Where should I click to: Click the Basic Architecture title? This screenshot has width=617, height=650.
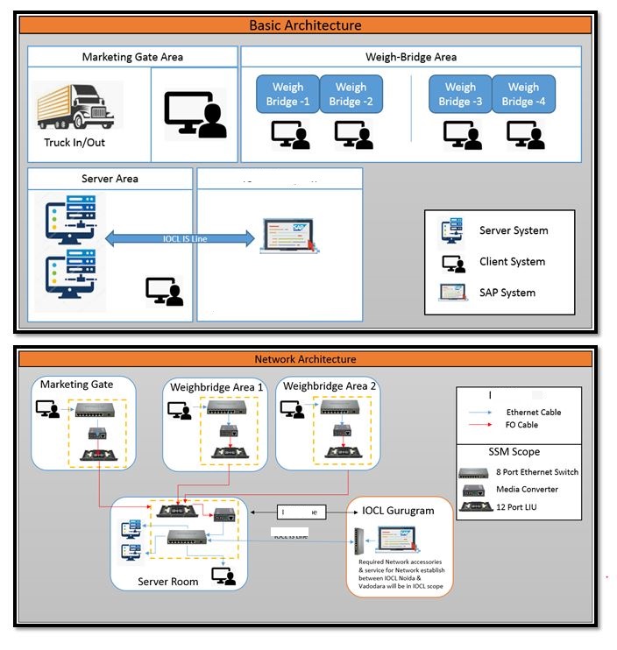point(305,25)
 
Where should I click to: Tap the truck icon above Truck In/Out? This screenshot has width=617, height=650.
point(81,108)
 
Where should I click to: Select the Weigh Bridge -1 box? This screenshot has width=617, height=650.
point(287,95)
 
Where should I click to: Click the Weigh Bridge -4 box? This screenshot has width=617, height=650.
point(523,95)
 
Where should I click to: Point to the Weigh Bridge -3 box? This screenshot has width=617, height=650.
point(460,95)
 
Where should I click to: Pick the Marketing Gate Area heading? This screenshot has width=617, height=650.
point(132,57)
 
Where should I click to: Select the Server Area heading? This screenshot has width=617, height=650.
point(110,179)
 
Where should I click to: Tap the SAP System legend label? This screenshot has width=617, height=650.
point(507,293)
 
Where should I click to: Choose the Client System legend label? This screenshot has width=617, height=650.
point(512,262)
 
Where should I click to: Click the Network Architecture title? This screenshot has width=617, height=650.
point(305,359)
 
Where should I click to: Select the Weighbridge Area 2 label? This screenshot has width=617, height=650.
point(330,387)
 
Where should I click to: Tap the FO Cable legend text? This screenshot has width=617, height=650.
point(522,425)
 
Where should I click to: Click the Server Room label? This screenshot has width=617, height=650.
point(167,582)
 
